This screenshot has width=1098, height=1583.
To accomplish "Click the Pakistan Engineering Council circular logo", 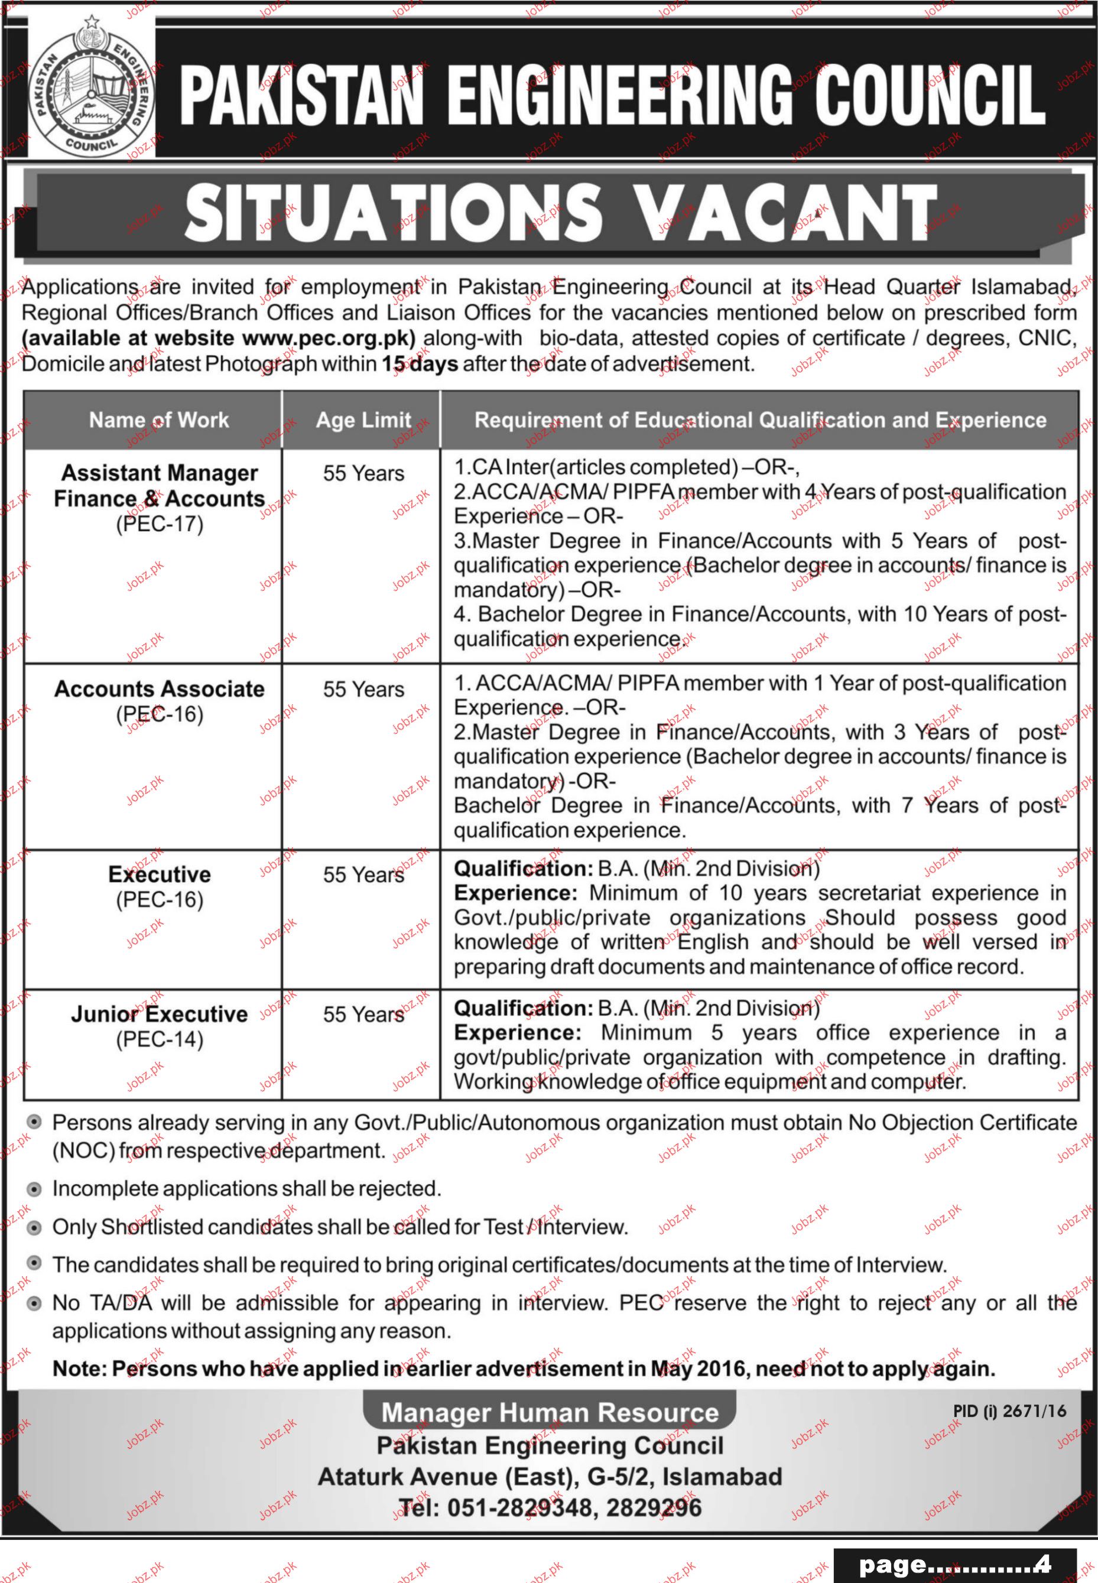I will point(92,93).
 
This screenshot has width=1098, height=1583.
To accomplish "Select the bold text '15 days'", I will point(420,364).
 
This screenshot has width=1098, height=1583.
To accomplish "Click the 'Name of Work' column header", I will point(159,420).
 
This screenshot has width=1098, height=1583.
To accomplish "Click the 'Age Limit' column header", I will point(363,420).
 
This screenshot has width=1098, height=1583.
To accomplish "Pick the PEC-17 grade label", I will point(160,524).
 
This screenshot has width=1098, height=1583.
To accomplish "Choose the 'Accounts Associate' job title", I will point(160,688).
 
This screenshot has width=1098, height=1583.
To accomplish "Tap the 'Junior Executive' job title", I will point(160,1014).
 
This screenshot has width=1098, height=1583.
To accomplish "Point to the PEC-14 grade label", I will point(160,1039).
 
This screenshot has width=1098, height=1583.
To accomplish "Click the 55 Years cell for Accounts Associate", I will point(363,690).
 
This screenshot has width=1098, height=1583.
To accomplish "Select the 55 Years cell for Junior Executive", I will point(363,1015).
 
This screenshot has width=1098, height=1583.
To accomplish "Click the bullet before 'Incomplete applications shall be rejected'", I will point(33,1189).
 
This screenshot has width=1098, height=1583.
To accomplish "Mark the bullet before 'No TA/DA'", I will point(33,1304).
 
